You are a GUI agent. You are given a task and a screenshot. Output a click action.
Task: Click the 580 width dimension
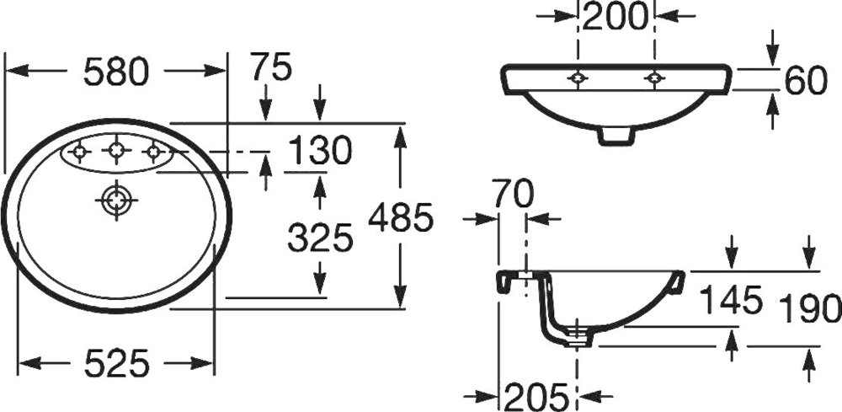point(115,71)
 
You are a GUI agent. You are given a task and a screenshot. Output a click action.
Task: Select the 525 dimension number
point(116,364)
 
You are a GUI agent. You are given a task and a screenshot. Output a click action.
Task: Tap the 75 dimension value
point(271,67)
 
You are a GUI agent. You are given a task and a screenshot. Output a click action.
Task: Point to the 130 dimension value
point(320,151)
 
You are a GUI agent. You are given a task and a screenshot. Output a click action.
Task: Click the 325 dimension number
point(321,238)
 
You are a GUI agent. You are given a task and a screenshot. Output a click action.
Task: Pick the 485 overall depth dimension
point(401,217)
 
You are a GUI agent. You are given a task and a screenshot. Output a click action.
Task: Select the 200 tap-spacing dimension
point(616,16)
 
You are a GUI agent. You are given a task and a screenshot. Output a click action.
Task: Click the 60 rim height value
point(806,82)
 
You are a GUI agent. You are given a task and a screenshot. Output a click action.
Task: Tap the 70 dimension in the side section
point(514,194)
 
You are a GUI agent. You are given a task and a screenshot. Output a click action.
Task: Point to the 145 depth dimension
point(732,300)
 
